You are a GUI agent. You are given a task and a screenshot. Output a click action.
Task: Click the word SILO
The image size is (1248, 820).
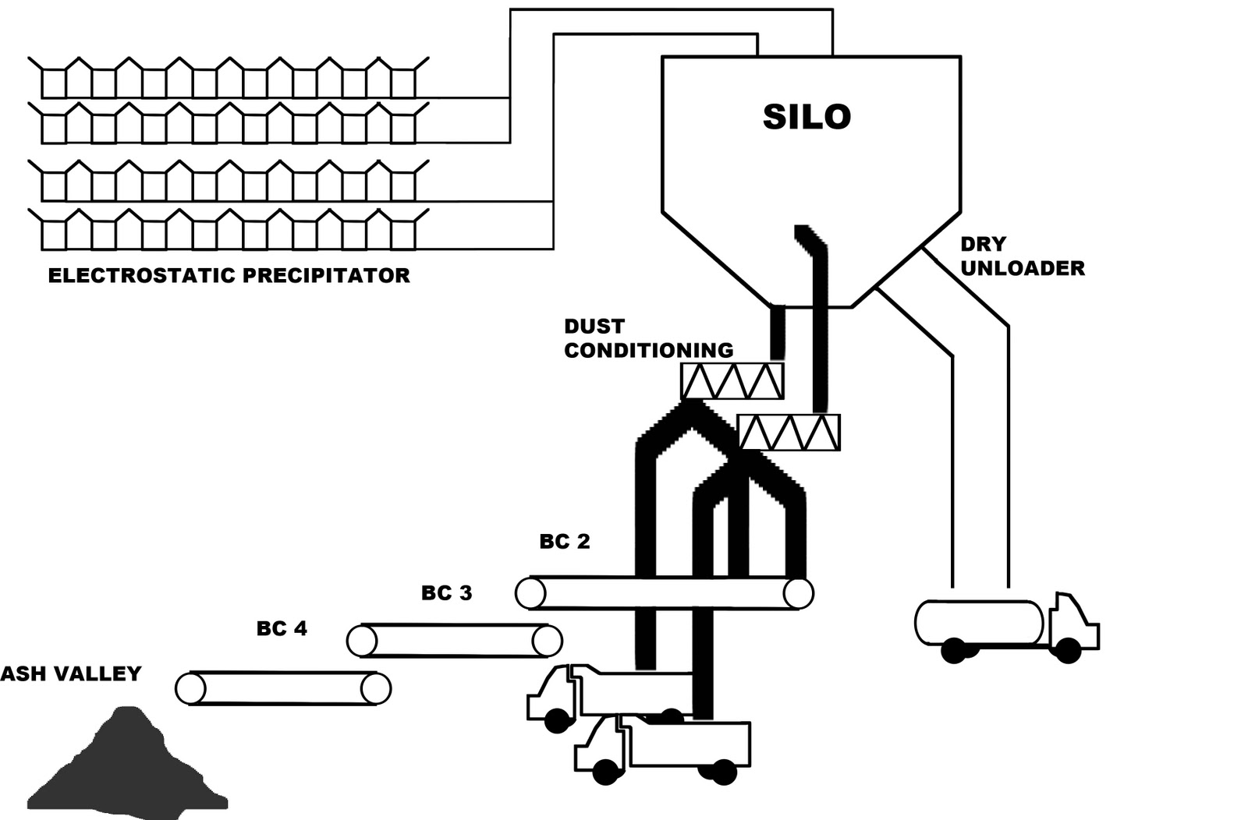806,117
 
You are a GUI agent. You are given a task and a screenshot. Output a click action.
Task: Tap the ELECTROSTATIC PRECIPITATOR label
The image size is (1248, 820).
229,276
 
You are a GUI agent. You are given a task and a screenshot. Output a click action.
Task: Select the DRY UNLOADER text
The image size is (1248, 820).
1021,256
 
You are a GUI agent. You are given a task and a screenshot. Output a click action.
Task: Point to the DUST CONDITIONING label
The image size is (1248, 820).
648,339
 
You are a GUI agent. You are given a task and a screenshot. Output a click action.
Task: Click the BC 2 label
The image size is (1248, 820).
565,542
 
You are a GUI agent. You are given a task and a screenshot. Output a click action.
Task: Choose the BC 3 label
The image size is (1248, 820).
446,593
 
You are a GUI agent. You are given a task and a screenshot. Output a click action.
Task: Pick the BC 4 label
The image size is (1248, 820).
282,628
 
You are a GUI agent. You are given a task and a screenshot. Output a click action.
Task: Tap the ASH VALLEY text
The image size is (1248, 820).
71,674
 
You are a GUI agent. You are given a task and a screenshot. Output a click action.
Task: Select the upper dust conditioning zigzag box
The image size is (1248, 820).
732,381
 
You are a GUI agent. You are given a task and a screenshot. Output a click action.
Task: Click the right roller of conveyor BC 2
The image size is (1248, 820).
798,593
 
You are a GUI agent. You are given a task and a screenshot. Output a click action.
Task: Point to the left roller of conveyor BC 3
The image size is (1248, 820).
361,641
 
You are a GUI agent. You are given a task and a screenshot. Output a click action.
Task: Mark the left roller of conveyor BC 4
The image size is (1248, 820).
190,689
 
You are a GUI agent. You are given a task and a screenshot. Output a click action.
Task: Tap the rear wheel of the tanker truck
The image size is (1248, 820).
953,650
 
